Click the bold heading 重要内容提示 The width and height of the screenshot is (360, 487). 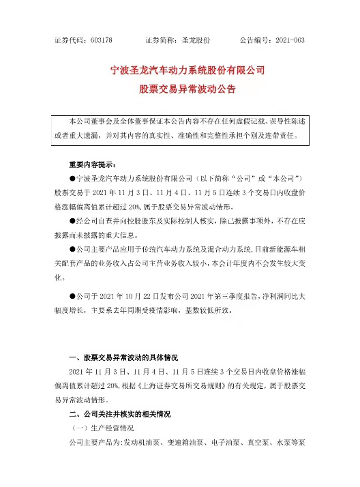coord(92,166)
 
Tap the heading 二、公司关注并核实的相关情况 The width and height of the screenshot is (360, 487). coord(122,414)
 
